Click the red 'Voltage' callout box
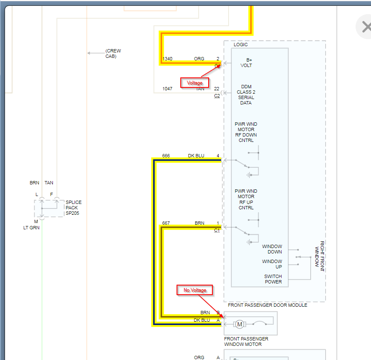(x=194, y=83)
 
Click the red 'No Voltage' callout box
(x=195, y=290)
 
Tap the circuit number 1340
(x=167, y=59)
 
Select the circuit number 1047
(x=167, y=89)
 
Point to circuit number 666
(x=166, y=156)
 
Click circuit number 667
(x=166, y=223)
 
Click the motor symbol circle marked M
(x=239, y=324)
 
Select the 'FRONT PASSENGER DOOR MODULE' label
(x=267, y=305)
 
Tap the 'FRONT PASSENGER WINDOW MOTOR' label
(x=246, y=341)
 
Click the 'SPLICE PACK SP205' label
(x=74, y=208)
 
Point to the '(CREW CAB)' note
(x=113, y=53)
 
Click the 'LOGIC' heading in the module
(x=241, y=45)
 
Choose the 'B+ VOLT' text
(x=247, y=63)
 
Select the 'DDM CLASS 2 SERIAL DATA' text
(x=246, y=95)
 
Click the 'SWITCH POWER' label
(x=273, y=279)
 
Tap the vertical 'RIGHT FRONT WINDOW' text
(x=319, y=256)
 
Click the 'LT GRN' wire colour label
(x=31, y=228)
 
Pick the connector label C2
(x=217, y=96)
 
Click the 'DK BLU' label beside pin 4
(x=196, y=156)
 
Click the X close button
(x=366, y=27)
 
